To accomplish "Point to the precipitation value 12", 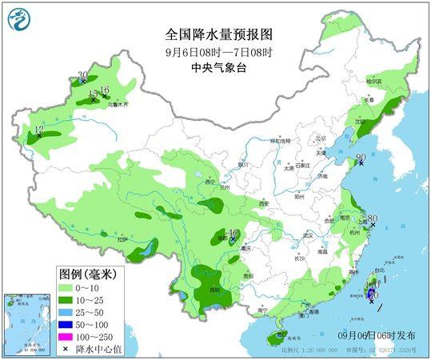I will (38, 129).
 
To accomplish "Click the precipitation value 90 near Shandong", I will (361, 158).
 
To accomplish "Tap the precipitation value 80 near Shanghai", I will (372, 218).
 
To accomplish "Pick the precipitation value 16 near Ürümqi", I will (105, 90).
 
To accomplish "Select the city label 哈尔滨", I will (374, 82).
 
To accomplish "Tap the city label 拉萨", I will (122, 239).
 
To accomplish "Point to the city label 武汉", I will (306, 235).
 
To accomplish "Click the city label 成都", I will (221, 238).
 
